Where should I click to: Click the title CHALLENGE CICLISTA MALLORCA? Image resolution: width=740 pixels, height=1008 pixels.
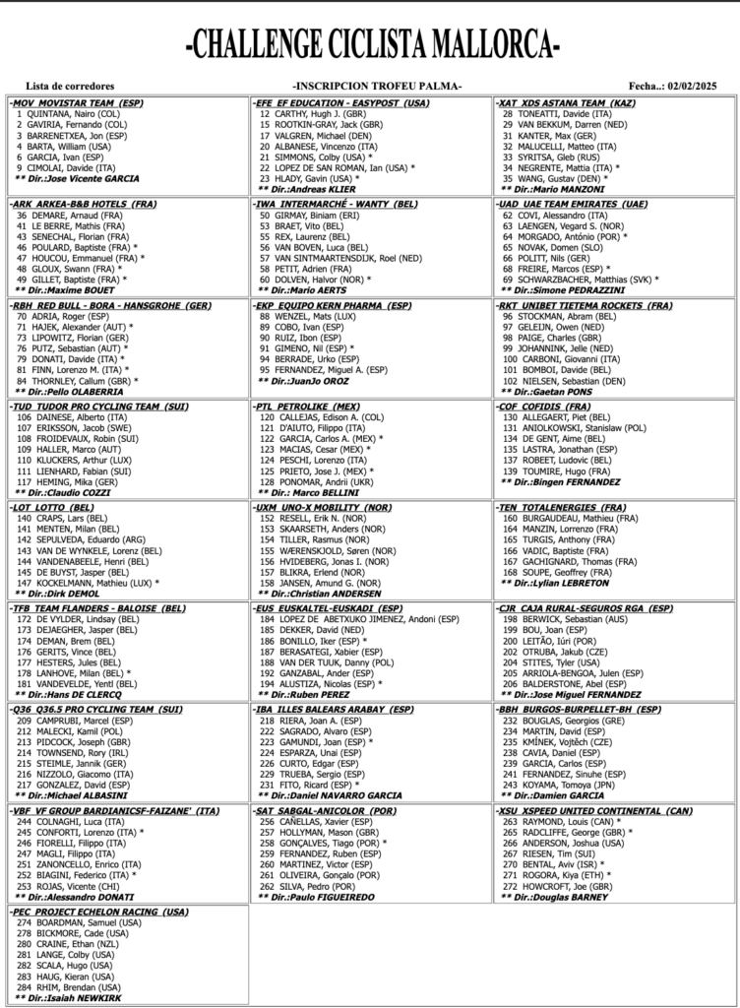pos(371,43)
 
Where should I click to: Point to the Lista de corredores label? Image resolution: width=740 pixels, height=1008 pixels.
pos(70,86)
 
